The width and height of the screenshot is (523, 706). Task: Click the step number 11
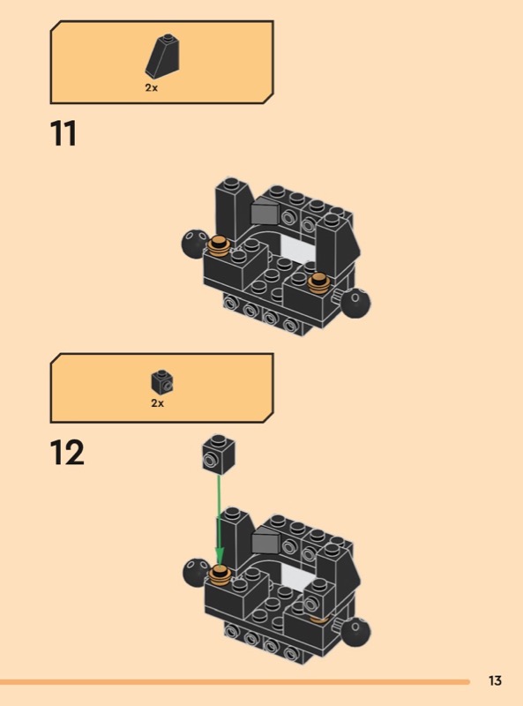(x=64, y=133)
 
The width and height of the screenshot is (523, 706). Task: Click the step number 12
(x=67, y=453)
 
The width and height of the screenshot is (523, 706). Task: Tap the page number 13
(x=495, y=680)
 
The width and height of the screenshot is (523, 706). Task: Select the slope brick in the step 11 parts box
(x=162, y=56)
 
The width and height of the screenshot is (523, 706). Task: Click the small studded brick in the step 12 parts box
(x=162, y=382)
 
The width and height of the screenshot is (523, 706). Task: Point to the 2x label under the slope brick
(x=151, y=87)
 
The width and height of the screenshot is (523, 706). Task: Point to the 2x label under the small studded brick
(x=158, y=403)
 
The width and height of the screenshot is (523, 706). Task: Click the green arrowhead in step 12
(x=220, y=556)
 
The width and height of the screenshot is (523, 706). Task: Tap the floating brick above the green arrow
(x=219, y=454)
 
